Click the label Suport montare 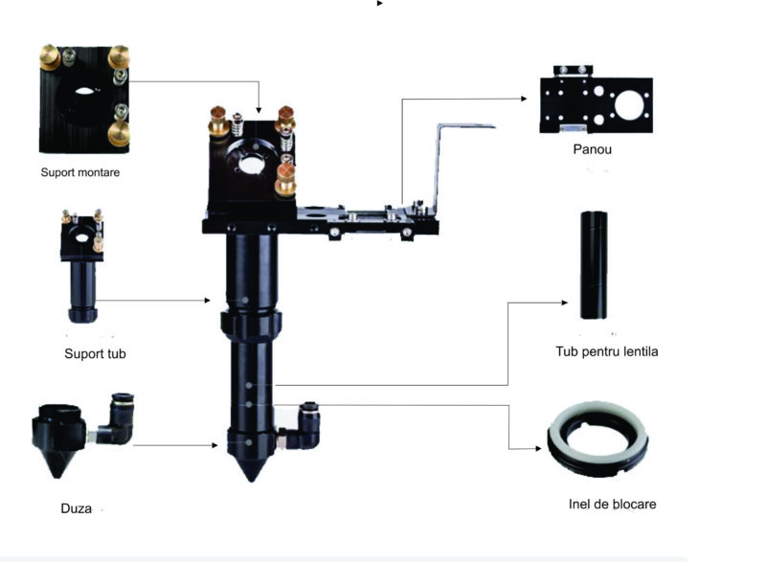[x=80, y=172]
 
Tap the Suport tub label [x=95, y=353]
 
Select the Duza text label [x=77, y=508]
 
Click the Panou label [x=592, y=149]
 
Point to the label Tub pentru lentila [x=607, y=351]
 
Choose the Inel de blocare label [x=612, y=504]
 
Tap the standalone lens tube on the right [x=594, y=265]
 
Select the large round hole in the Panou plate [x=629, y=105]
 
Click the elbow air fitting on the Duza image [x=116, y=420]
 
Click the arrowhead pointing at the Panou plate [x=524, y=99]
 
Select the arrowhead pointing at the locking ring [x=538, y=448]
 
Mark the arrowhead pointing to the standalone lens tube [x=565, y=303]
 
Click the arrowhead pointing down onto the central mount [x=259, y=110]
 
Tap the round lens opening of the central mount [x=252, y=165]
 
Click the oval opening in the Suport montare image [x=83, y=91]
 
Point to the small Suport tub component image [x=82, y=266]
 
